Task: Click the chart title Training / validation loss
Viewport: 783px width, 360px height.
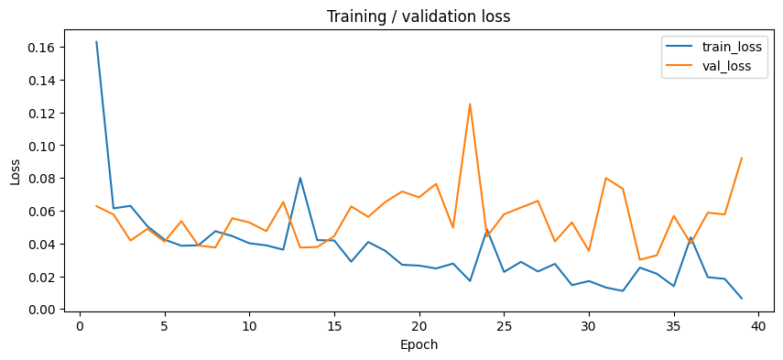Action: pos(419,16)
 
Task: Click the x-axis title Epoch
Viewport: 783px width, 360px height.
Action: pos(419,345)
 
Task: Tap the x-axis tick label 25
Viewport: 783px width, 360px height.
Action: pos(504,325)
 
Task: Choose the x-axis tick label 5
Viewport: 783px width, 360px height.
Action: pos(164,325)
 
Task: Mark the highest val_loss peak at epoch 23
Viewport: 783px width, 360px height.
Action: pos(470,104)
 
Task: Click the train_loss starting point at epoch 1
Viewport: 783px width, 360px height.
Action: pos(96,42)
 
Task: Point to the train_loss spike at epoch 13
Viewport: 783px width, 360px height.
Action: pos(299,178)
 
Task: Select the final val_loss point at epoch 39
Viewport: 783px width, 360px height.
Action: pos(741,158)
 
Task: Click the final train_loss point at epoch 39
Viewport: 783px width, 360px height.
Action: pos(741,299)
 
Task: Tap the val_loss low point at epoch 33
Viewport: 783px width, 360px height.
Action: pos(639,260)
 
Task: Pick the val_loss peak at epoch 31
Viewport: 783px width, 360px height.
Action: pos(605,178)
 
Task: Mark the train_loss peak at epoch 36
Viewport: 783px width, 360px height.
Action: pos(691,236)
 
